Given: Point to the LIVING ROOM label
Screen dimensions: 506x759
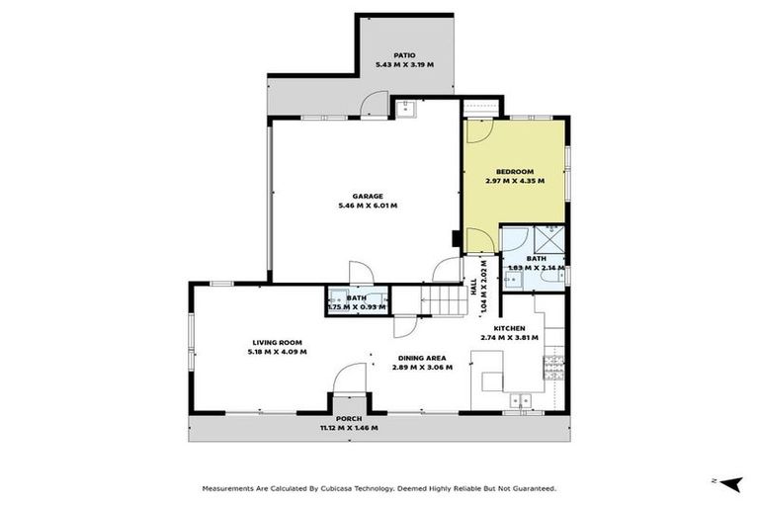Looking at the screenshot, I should click(x=277, y=342).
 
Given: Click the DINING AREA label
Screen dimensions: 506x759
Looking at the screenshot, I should click(x=422, y=358).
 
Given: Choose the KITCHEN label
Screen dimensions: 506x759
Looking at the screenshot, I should click(x=510, y=327).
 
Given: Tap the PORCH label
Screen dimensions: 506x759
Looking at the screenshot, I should click(x=349, y=418).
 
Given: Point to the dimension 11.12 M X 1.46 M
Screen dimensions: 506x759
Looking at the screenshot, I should click(x=349, y=428).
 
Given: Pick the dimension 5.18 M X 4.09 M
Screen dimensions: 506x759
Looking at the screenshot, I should click(x=278, y=352).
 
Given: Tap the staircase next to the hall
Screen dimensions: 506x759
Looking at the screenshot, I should click(x=446, y=299).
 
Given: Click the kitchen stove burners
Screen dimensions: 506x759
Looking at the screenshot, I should click(x=553, y=367).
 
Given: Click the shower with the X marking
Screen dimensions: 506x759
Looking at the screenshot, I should click(x=549, y=238).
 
